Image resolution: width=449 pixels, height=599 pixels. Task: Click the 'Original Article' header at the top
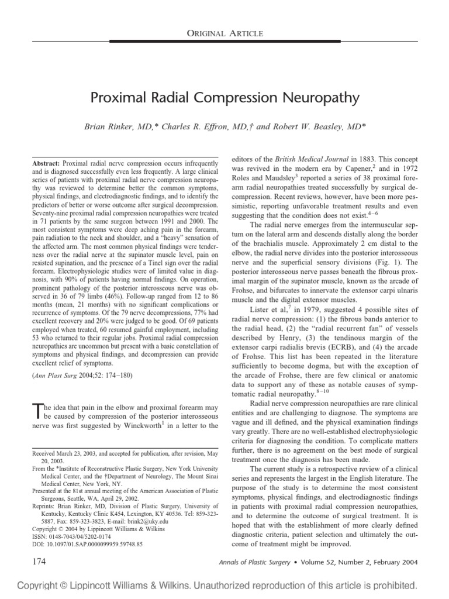224,33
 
